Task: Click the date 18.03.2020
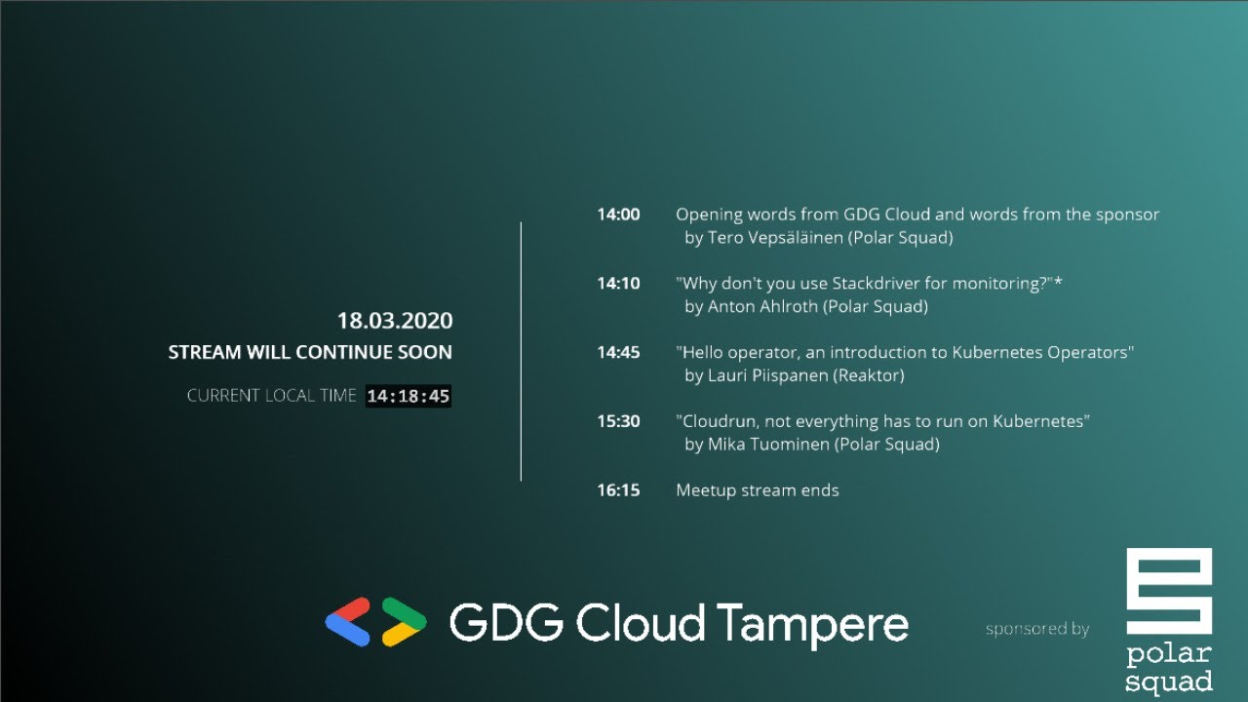395,321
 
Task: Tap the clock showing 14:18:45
409,396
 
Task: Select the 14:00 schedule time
618,214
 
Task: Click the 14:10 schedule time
618,284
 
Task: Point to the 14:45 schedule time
618,352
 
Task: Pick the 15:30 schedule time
618,421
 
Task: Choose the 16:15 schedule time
618,490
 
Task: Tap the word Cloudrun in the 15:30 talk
718,421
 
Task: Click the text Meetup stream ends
757,490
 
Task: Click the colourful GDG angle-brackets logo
375,621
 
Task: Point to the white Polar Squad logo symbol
1169,593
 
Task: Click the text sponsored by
1036,629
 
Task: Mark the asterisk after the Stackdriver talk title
1058,282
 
